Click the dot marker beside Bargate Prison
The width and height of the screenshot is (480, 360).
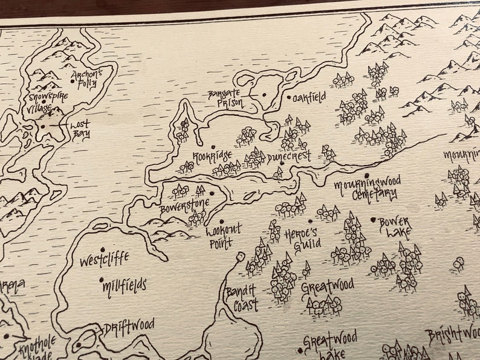point(264,95)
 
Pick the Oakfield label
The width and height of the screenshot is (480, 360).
point(310,97)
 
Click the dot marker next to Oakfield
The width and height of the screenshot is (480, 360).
point(288,97)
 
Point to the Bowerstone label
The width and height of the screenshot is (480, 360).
point(185,207)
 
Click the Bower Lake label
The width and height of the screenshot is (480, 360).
point(395,227)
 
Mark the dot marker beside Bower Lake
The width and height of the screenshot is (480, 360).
point(373,220)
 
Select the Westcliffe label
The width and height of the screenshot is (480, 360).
point(104,261)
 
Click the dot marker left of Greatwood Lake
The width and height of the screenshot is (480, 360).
point(299,350)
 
